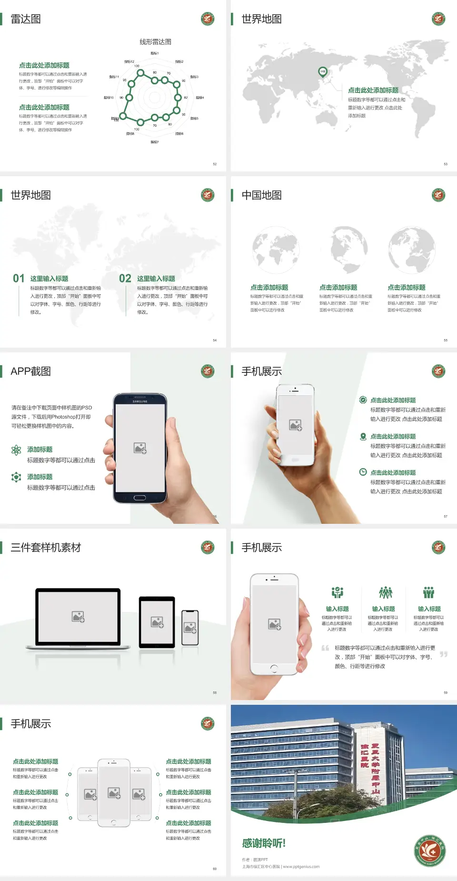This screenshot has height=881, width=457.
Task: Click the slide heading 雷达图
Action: pos(26,19)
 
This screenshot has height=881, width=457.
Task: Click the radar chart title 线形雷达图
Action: pos(155,42)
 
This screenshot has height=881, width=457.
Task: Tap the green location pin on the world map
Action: pos(322,72)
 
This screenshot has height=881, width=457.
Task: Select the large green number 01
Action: pos(19,278)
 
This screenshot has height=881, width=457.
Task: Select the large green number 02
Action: pos(125,278)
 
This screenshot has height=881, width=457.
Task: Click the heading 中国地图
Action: pos(261,195)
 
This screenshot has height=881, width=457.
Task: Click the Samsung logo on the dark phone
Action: pos(140,401)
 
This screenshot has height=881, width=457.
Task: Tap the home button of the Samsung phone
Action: pos(139,498)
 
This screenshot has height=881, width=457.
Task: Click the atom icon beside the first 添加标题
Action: pos(16,450)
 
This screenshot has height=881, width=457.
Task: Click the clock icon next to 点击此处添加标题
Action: pos(363,472)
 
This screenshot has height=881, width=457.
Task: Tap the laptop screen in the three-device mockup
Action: pos(78,617)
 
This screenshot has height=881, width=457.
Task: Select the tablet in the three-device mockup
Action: pos(157,621)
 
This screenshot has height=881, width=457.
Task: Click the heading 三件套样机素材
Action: pos(46,548)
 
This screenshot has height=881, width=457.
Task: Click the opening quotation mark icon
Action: pos(325,648)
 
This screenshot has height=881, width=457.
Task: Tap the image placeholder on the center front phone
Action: pos(114,793)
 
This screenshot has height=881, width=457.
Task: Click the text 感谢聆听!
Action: pos(264,843)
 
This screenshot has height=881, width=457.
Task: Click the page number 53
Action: pos(446,164)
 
